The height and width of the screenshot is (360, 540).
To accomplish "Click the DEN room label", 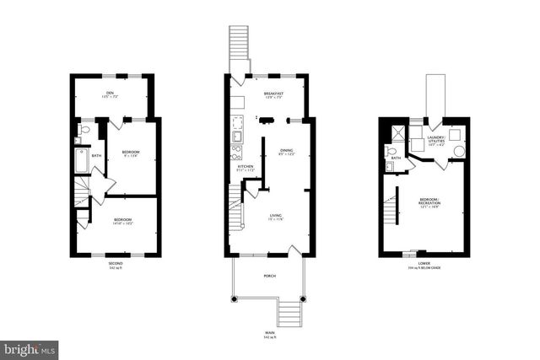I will [110, 94].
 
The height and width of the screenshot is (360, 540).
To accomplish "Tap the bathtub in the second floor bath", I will [81, 160].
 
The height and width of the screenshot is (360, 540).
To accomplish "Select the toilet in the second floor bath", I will [84, 131].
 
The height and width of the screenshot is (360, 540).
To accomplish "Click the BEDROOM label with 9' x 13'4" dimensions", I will [131, 153].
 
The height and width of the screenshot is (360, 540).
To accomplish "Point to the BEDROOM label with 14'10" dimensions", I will [123, 222].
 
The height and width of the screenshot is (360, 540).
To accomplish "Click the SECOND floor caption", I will [116, 264].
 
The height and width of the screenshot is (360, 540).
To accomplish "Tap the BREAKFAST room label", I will [273, 94].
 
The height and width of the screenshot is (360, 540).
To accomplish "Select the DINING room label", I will [287, 152].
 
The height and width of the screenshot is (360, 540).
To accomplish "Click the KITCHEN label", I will [246, 168].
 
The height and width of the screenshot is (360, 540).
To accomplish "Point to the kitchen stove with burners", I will [237, 153].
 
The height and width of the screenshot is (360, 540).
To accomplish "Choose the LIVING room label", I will [276, 217].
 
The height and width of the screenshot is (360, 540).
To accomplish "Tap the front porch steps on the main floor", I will [289, 314].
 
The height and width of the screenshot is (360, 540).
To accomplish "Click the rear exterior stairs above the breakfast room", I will [240, 42].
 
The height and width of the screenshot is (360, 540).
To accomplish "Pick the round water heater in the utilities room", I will [459, 152].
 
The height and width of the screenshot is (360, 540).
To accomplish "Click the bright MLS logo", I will [30, 348].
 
